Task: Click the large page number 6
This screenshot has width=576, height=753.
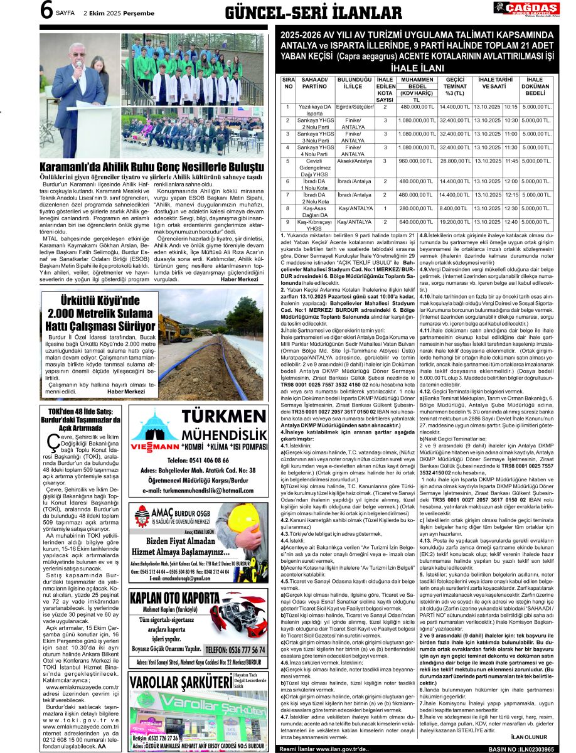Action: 46,11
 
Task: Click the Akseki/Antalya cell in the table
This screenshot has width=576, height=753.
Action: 355,161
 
